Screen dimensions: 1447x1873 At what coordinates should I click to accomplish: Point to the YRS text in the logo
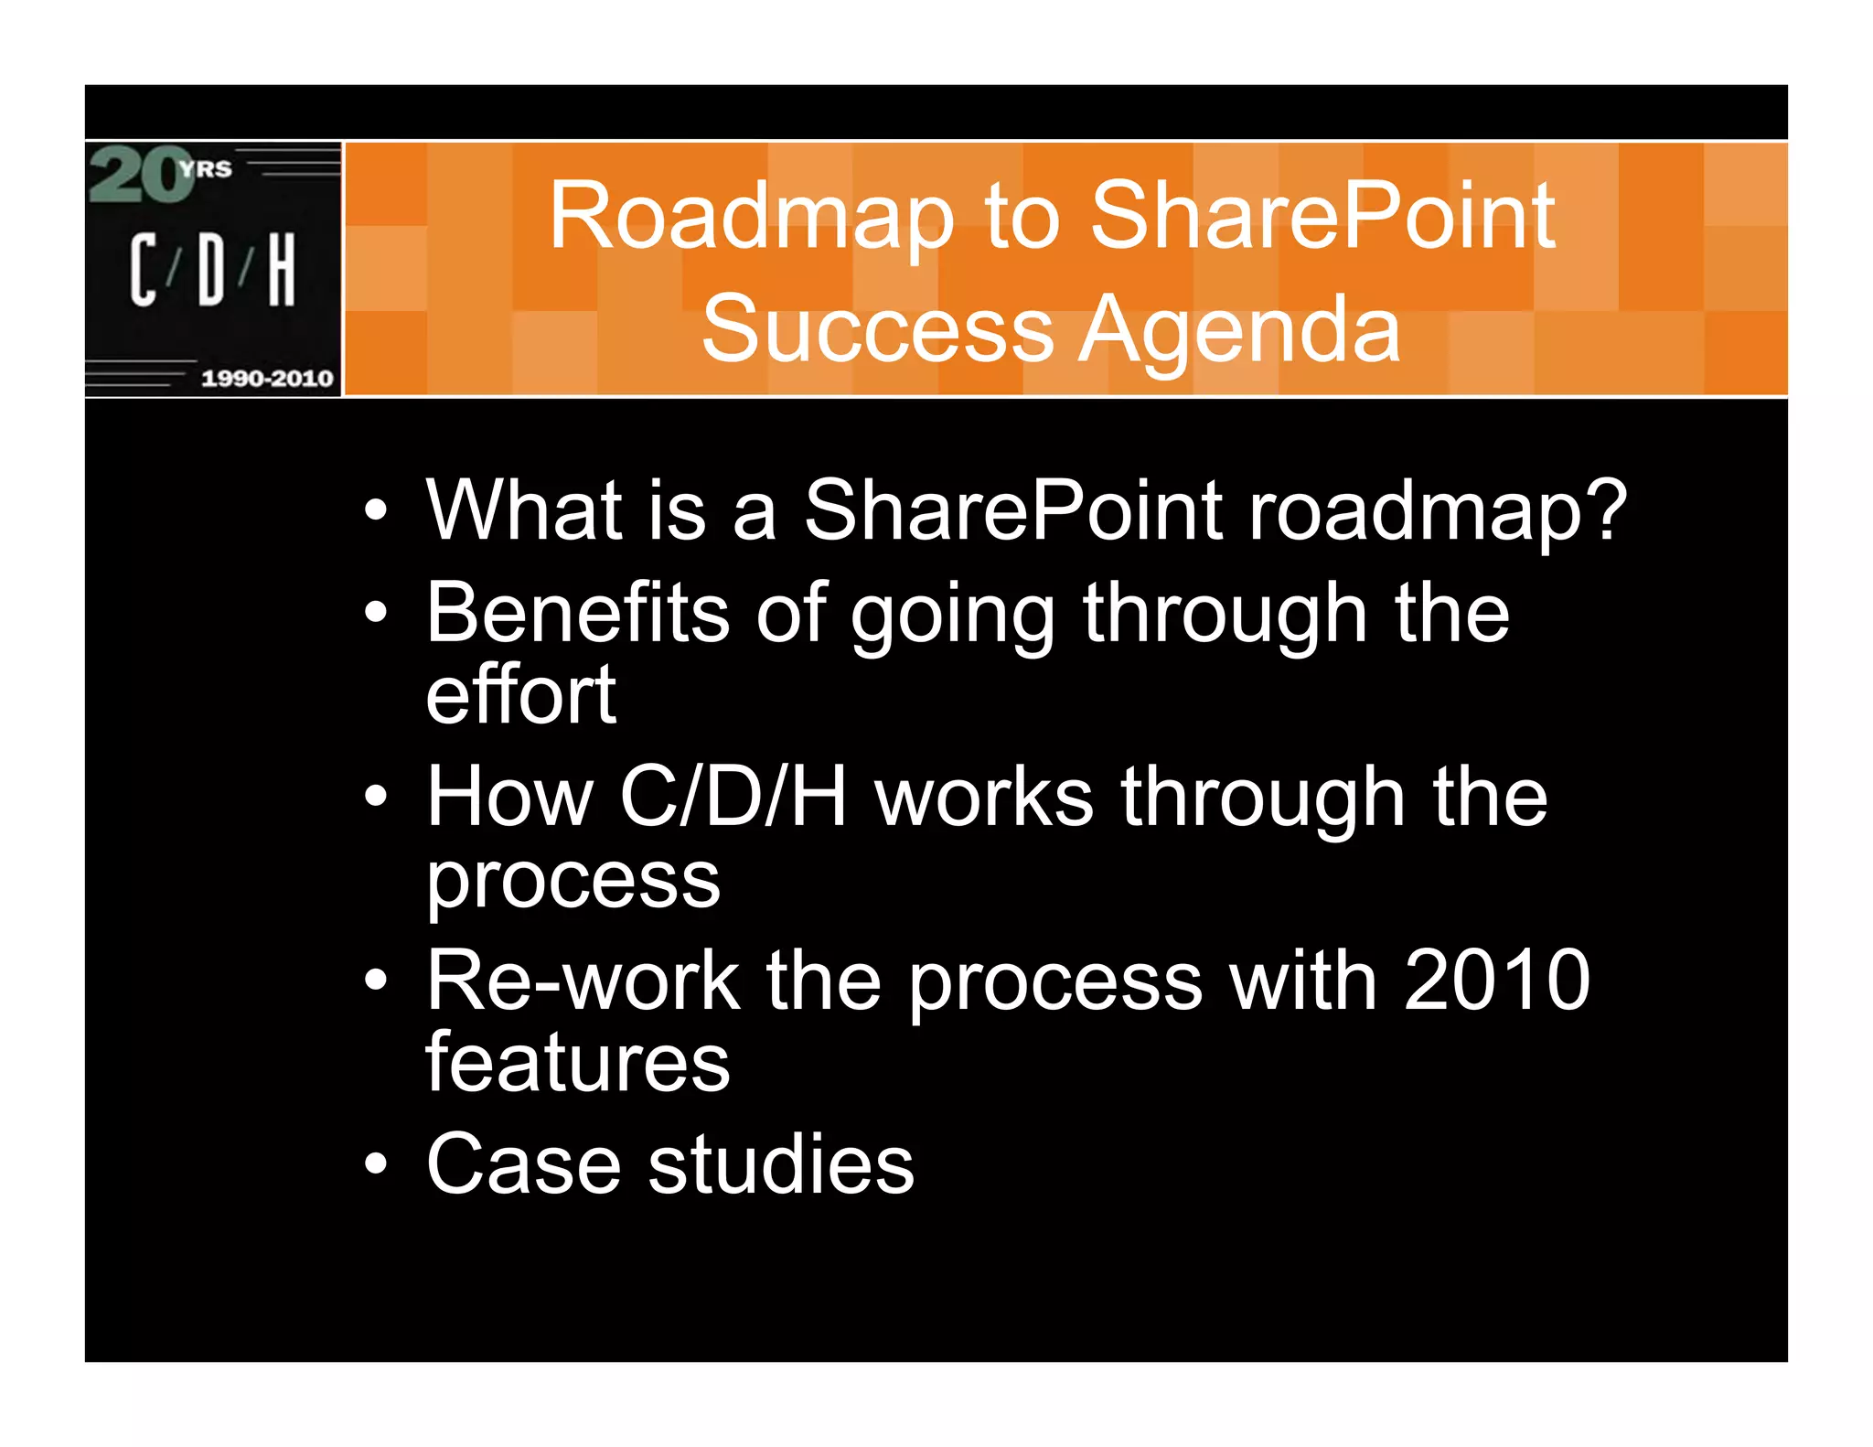pyautogui.click(x=207, y=169)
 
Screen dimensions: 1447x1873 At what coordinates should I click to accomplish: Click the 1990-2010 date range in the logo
pyautogui.click(x=266, y=378)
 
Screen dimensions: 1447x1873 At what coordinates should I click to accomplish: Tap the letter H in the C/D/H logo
pyautogui.click(x=282, y=269)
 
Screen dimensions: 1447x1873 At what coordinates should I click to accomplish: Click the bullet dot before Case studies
pyautogui.click(x=375, y=1163)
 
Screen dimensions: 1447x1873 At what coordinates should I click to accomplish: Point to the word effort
pyautogui.click(x=520, y=695)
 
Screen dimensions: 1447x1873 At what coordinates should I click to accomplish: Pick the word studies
pyautogui.click(x=780, y=1163)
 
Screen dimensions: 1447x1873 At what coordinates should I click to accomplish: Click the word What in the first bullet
pyautogui.click(x=523, y=510)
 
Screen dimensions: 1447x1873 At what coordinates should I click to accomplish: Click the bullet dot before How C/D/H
pyautogui.click(x=375, y=796)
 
